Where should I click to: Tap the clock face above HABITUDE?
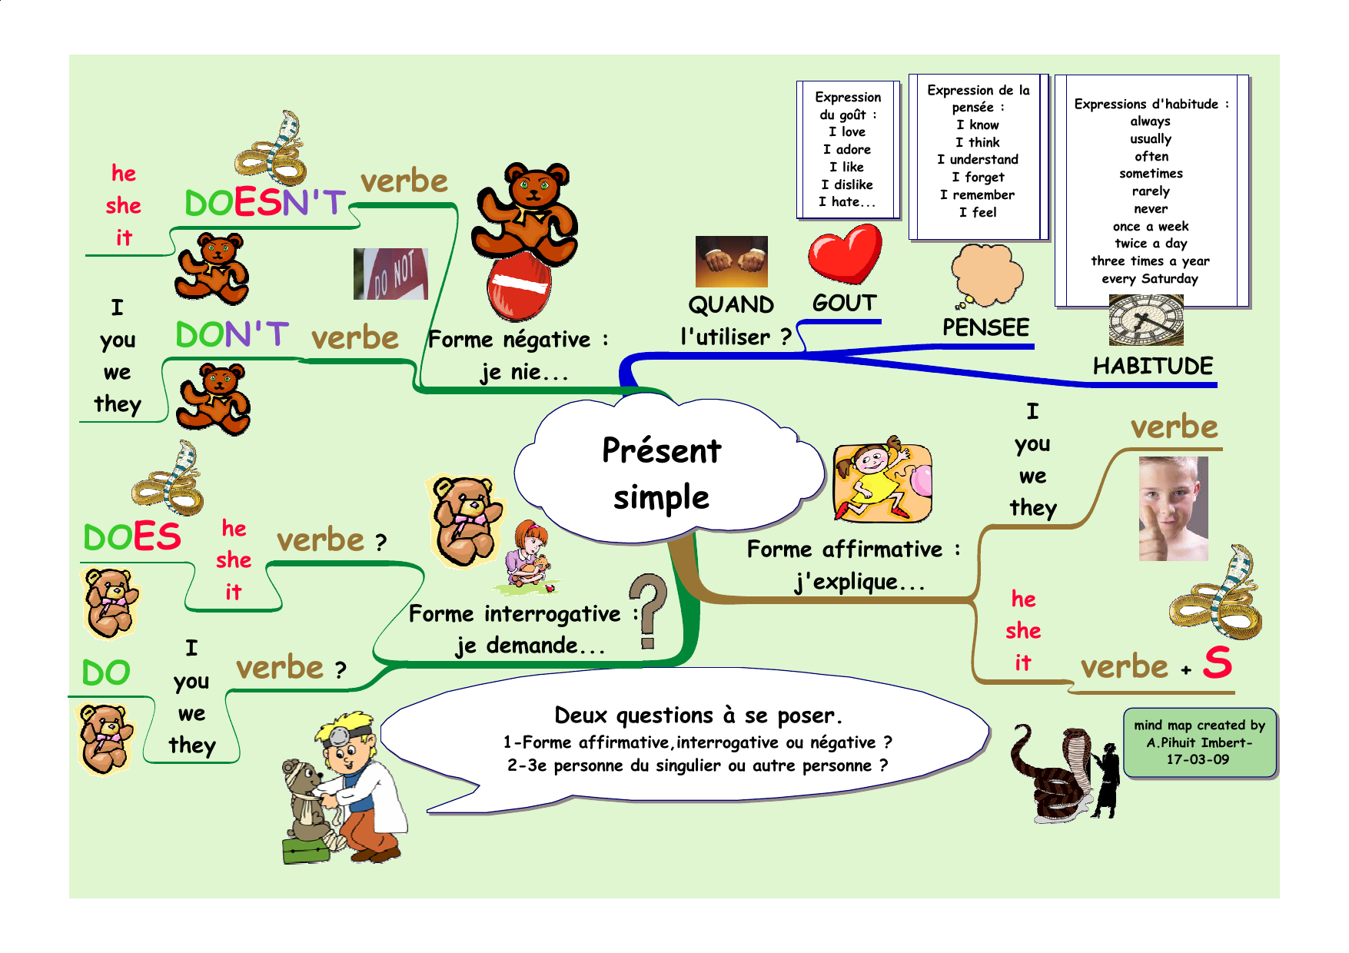1145,320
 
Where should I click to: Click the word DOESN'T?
265,202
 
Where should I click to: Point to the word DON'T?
232,334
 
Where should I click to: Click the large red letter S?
1218,662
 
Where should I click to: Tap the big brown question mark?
648,611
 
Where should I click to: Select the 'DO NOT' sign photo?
390,274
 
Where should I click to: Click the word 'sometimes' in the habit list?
1151,174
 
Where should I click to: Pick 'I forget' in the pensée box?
978,178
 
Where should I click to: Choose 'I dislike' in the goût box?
847,184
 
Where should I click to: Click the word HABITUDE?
1153,366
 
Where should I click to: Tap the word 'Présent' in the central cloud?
662,450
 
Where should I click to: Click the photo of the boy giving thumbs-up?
1173,508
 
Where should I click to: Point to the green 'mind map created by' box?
1199,742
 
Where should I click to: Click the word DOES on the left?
132,536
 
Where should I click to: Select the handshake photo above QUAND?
731,261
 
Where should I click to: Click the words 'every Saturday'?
1150,279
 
